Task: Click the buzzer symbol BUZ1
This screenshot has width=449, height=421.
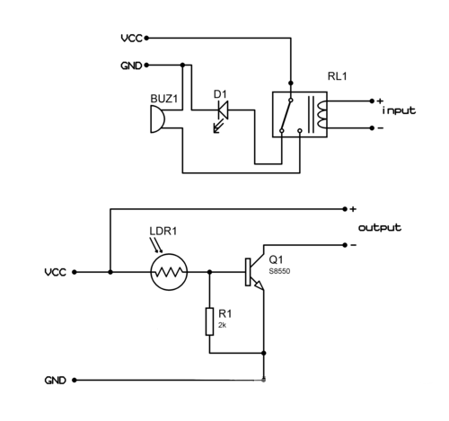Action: pyautogui.click(x=157, y=118)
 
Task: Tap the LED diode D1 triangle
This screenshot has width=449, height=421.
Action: pyautogui.click(x=223, y=110)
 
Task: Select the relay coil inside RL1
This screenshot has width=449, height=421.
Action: pyautogui.click(x=321, y=115)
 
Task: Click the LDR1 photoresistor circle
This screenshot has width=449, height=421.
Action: pyautogui.click(x=169, y=272)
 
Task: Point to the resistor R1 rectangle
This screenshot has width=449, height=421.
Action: pyautogui.click(x=209, y=321)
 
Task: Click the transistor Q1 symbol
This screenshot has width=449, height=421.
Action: pyautogui.click(x=254, y=272)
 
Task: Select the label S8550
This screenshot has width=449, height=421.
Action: pyautogui.click(x=279, y=271)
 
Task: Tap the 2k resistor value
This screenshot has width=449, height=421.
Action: pyautogui.click(x=222, y=325)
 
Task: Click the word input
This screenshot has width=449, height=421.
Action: pyautogui.click(x=399, y=111)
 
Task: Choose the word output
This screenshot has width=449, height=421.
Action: pyautogui.click(x=380, y=228)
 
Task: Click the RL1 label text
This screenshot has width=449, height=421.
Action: pyautogui.click(x=337, y=76)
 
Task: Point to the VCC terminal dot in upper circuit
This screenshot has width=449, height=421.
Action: pyautogui.click(x=146, y=38)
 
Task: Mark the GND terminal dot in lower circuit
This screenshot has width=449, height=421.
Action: pyautogui.click(x=75, y=380)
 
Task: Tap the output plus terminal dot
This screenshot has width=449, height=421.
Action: pyautogui.click(x=345, y=209)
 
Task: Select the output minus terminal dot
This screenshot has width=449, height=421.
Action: pyautogui.click(x=345, y=245)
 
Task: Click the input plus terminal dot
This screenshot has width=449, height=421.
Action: pyautogui.click(x=372, y=101)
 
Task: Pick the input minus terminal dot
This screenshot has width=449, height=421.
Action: pyautogui.click(x=372, y=128)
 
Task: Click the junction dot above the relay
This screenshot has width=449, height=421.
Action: pyautogui.click(x=290, y=83)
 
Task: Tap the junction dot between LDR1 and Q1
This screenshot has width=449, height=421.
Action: pyautogui.click(x=209, y=272)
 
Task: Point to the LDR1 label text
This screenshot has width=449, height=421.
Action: pyautogui.click(x=163, y=231)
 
